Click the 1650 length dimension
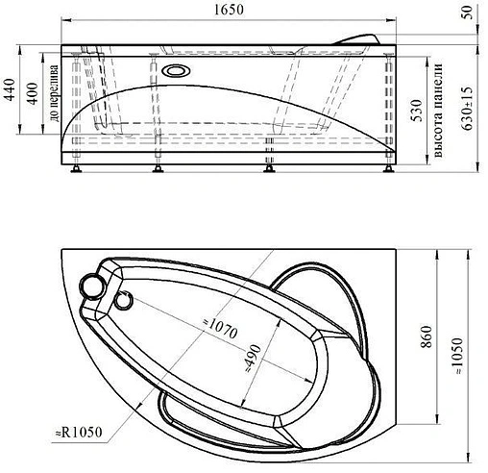pyautogui.click(x=229, y=10)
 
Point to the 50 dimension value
pyautogui.click(x=468, y=13)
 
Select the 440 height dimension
pyautogui.click(x=10, y=89)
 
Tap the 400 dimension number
pyautogui.click(x=33, y=93)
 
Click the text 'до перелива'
pyautogui.click(x=54, y=93)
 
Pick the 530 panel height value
pyautogui.click(x=417, y=111)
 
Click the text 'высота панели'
pyautogui.click(x=438, y=111)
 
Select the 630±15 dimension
pyautogui.click(x=468, y=109)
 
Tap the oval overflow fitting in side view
pyautogui.click(x=176, y=71)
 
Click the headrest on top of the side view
pyautogui.click(x=356, y=39)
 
